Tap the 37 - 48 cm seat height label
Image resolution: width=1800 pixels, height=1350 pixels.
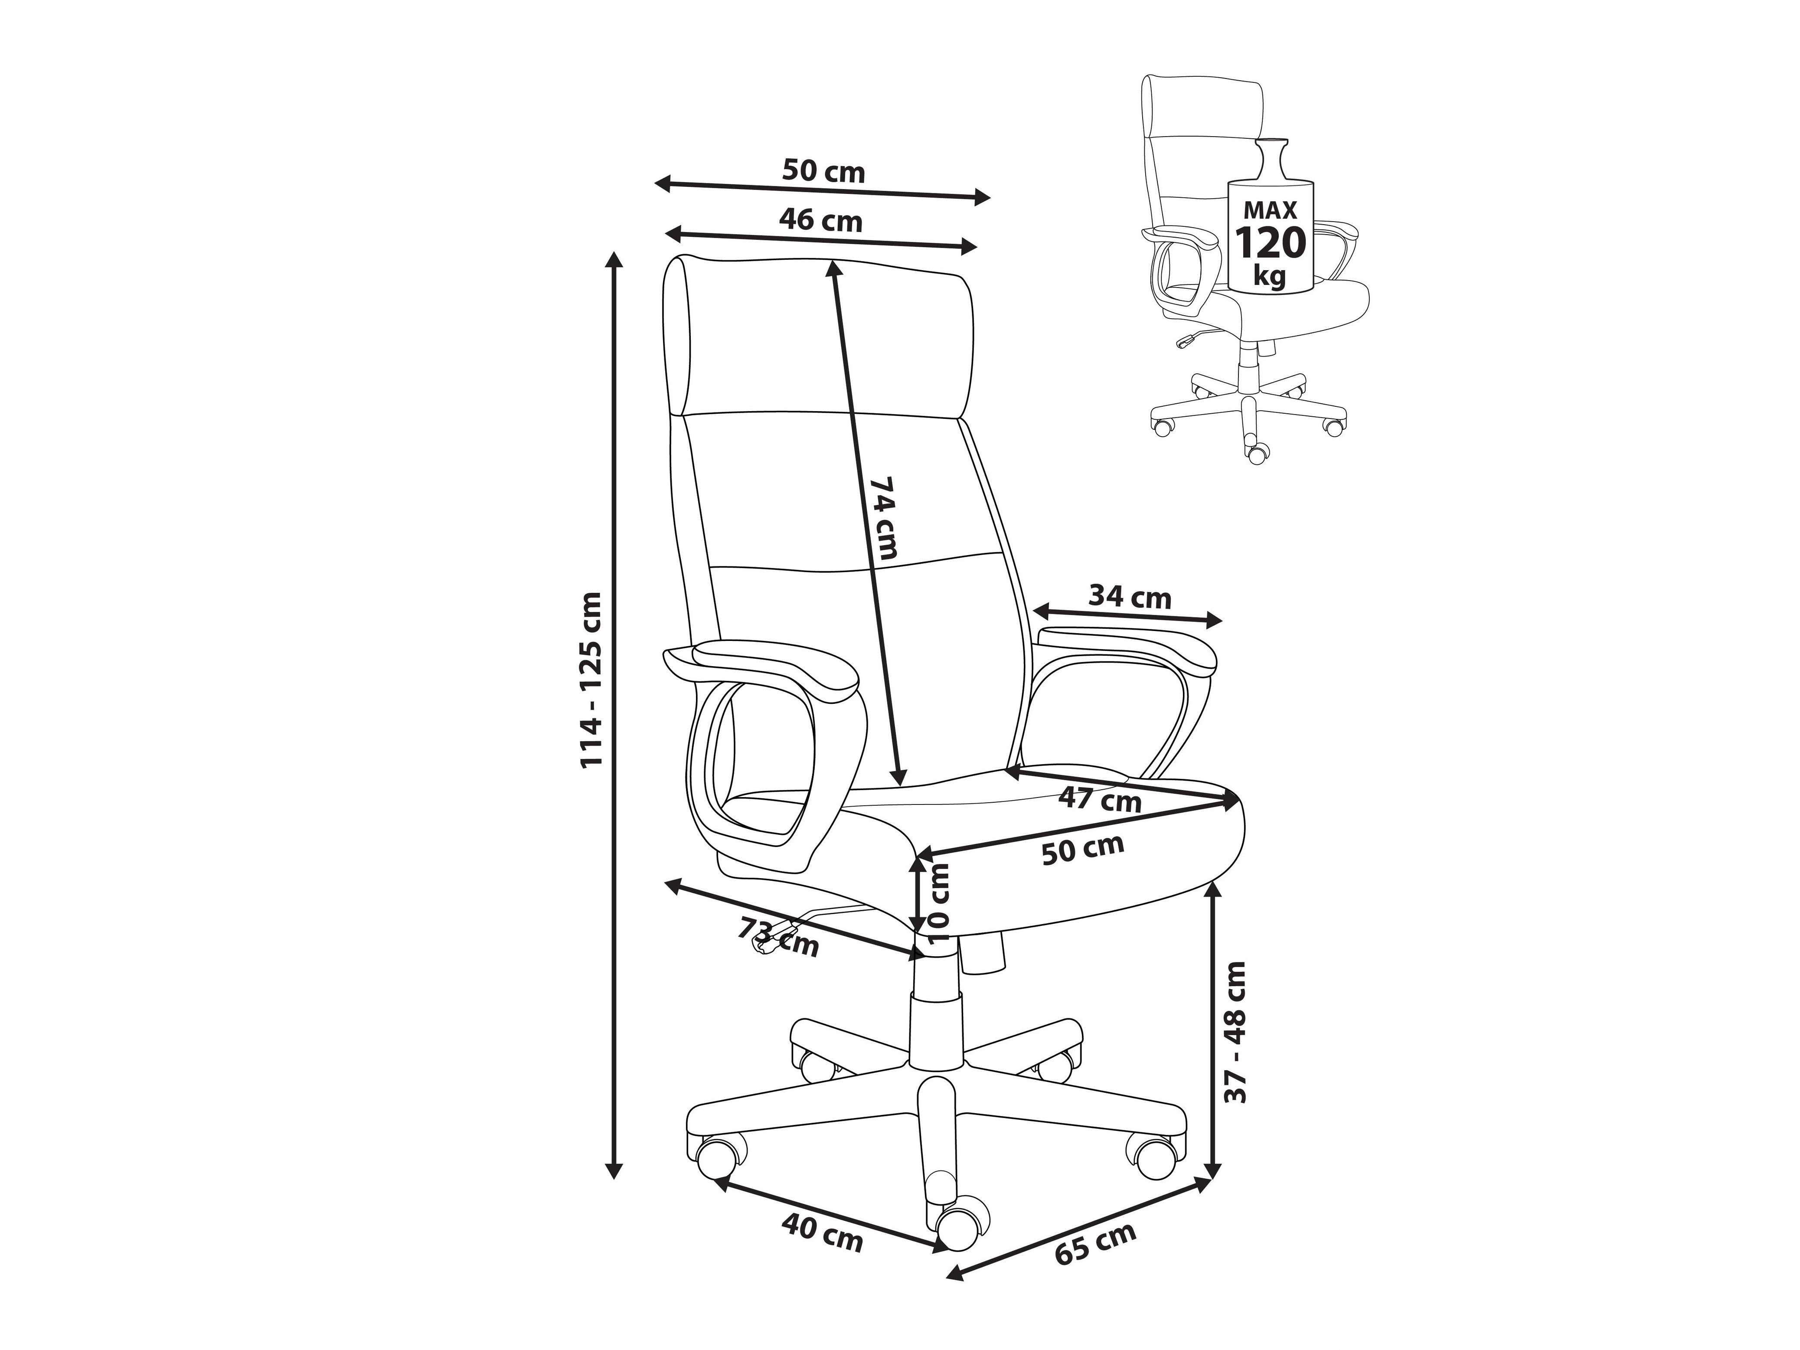[x=1235, y=1032]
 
